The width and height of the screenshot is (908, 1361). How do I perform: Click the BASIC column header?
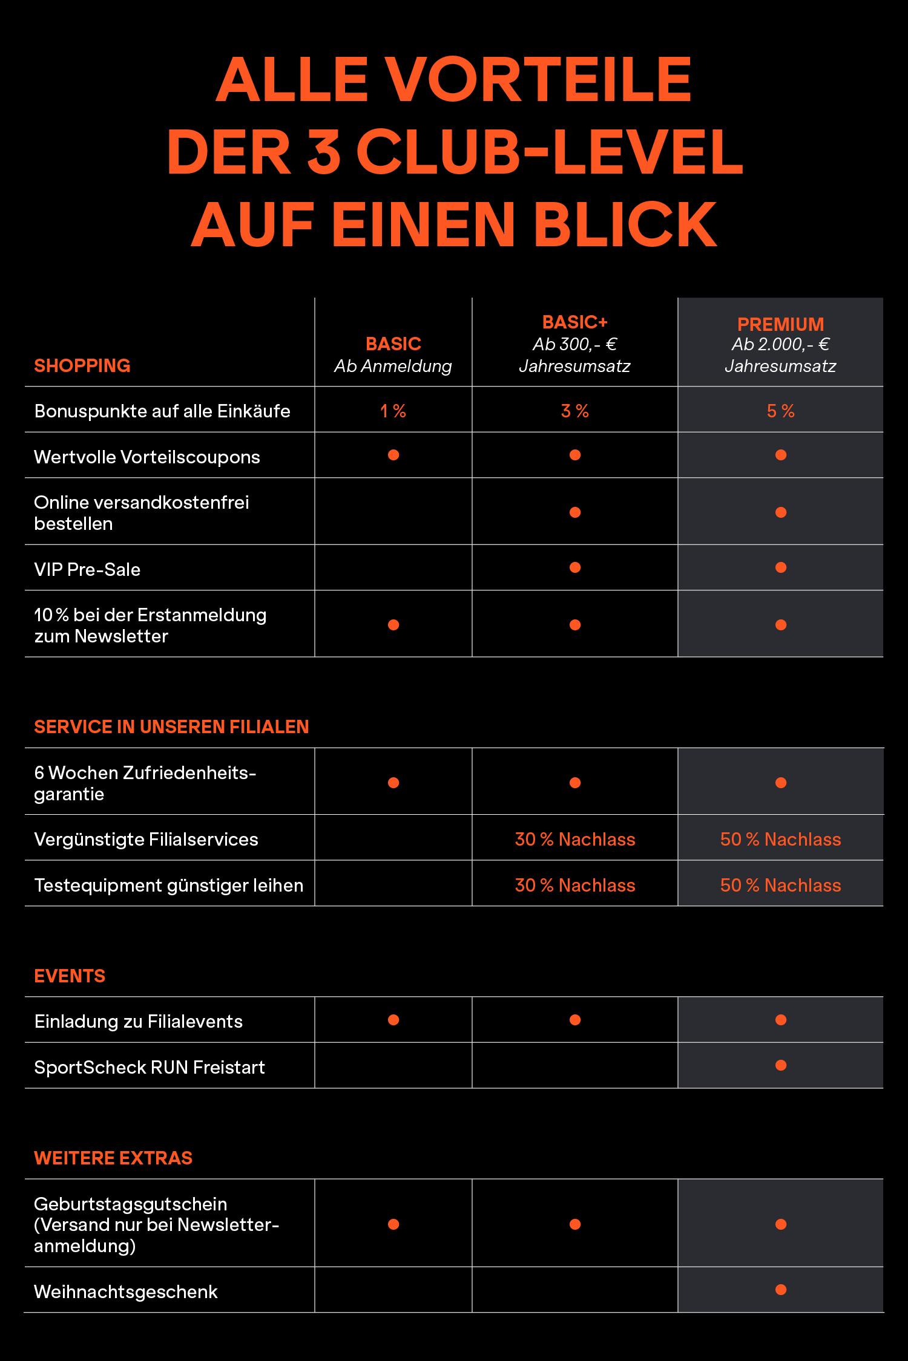[x=393, y=344]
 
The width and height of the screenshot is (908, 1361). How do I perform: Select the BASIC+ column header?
[x=574, y=322]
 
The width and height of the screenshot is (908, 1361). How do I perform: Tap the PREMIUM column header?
[x=780, y=324]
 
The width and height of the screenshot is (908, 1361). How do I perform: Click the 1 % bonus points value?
[x=393, y=411]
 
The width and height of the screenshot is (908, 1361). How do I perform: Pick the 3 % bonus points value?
[x=574, y=411]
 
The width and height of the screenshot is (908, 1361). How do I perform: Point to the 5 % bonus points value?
[x=780, y=411]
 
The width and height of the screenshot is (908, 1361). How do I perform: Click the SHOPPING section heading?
[x=82, y=365]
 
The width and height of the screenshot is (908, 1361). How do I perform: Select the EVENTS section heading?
[x=70, y=976]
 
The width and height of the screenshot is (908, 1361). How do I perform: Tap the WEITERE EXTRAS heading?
[x=113, y=1158]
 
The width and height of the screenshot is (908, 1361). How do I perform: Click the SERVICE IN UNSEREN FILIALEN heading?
[x=171, y=726]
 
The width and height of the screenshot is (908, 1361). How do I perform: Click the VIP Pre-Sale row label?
[x=87, y=569]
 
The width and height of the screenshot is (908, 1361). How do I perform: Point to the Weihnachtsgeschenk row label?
[x=126, y=1291]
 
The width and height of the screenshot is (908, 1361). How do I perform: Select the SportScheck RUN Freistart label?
[x=150, y=1067]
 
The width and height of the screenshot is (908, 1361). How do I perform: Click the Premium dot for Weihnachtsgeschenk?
[x=780, y=1290]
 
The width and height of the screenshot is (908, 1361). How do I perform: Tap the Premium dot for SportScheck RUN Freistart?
[x=780, y=1065]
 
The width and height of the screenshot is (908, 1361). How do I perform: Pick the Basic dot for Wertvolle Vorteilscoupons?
[x=393, y=455]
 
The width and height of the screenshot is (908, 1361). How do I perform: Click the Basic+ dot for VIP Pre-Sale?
[x=575, y=567]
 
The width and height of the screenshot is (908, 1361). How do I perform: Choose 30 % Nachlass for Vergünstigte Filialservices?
[x=575, y=840]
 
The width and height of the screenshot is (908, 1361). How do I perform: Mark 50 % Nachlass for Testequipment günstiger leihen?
[x=780, y=886]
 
